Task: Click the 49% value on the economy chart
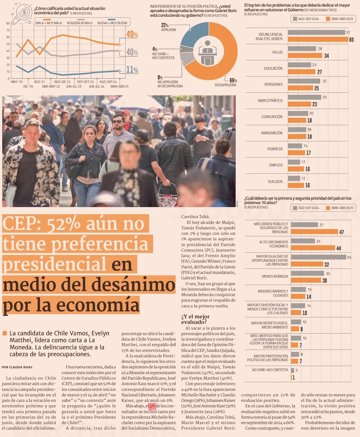point(132,35)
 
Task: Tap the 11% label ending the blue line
point(132,70)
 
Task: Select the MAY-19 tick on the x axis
point(17,82)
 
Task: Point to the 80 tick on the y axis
point(8,23)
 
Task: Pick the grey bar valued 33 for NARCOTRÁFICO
point(305,97)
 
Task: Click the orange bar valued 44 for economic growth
point(313,248)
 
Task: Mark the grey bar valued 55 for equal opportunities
point(318,257)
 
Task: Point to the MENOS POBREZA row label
point(275,276)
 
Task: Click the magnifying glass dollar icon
point(22,13)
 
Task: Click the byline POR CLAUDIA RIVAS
point(17,367)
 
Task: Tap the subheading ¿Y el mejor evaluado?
point(195,319)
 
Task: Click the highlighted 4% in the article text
point(152,406)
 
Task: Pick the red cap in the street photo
point(126,112)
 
